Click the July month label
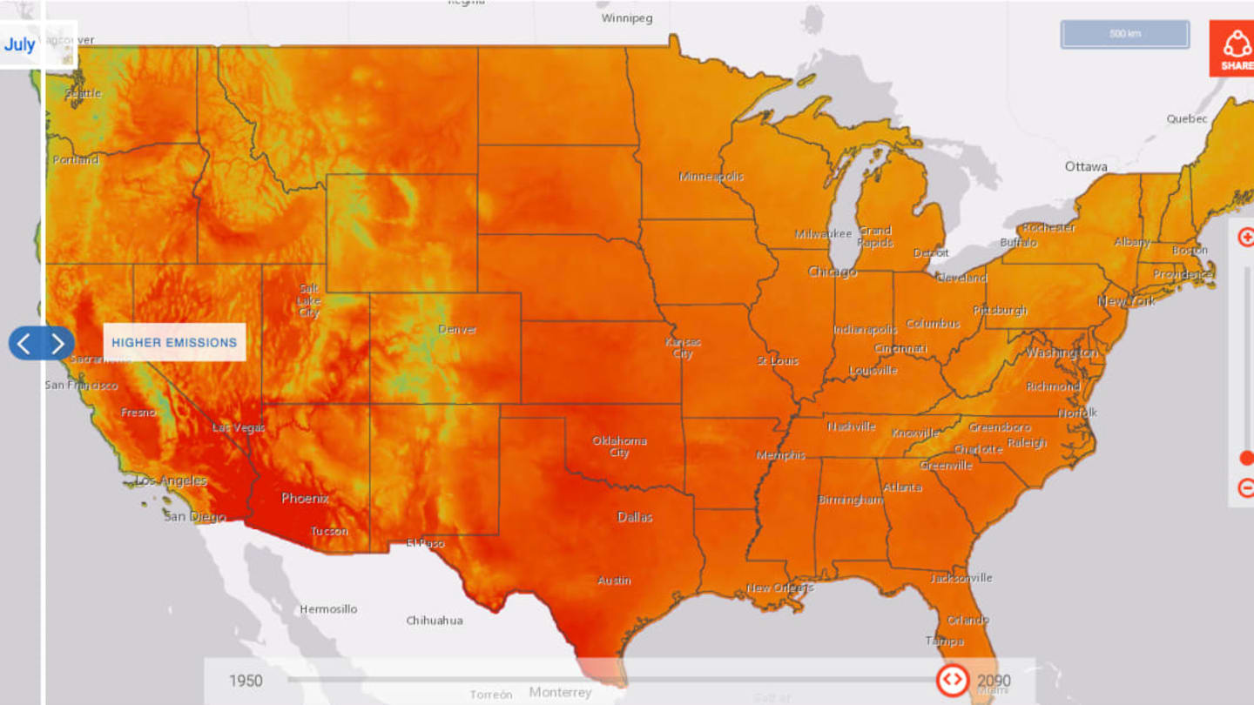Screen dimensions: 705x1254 20,44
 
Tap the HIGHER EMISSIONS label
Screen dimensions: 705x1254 174,342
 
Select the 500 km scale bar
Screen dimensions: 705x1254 1124,34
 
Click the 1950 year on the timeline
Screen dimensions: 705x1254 246,681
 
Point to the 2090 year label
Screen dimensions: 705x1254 994,681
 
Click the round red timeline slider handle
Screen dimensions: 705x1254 952,679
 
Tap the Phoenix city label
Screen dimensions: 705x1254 305,499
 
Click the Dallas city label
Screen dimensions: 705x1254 635,517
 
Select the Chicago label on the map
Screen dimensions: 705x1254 832,272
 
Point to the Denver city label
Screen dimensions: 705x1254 457,329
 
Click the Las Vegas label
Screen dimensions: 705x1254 239,428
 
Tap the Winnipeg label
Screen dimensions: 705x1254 626,18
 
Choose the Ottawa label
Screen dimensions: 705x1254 1086,166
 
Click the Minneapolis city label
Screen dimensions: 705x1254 711,177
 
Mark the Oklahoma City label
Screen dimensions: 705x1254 619,446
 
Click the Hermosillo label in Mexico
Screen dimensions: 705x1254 328,609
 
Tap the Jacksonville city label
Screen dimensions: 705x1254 961,578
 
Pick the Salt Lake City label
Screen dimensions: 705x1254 309,301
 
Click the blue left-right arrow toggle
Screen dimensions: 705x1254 41,343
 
